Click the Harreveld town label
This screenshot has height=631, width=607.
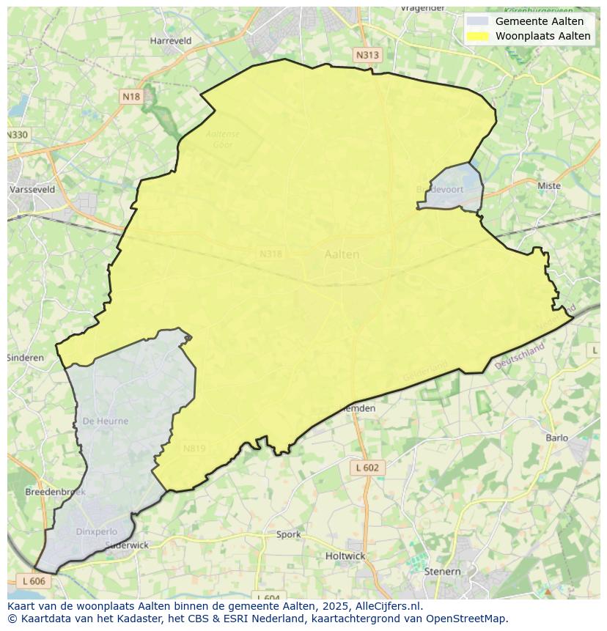pos(170,41)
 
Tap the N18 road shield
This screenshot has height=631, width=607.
pos(131,97)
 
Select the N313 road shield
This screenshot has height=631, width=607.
pos(368,55)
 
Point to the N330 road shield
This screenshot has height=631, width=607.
pos(18,135)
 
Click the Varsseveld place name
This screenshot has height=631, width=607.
pos(32,189)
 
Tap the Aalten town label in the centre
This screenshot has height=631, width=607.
pos(342,254)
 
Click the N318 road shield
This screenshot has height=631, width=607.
pos(271,254)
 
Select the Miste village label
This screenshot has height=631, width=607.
pos(548,185)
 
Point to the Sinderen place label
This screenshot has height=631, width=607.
pos(26,358)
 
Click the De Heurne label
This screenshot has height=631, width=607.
pos(106,421)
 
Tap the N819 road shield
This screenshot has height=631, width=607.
pos(194,449)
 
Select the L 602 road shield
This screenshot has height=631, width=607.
pos(367,468)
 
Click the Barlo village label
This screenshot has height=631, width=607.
pos(557,438)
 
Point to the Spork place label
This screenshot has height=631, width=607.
pos(288,534)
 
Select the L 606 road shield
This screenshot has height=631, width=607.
pos(34,580)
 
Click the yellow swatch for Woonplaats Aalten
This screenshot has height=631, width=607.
pos(477,36)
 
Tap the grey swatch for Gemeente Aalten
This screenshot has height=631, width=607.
pos(477,21)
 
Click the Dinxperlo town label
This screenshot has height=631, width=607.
pos(95,531)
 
